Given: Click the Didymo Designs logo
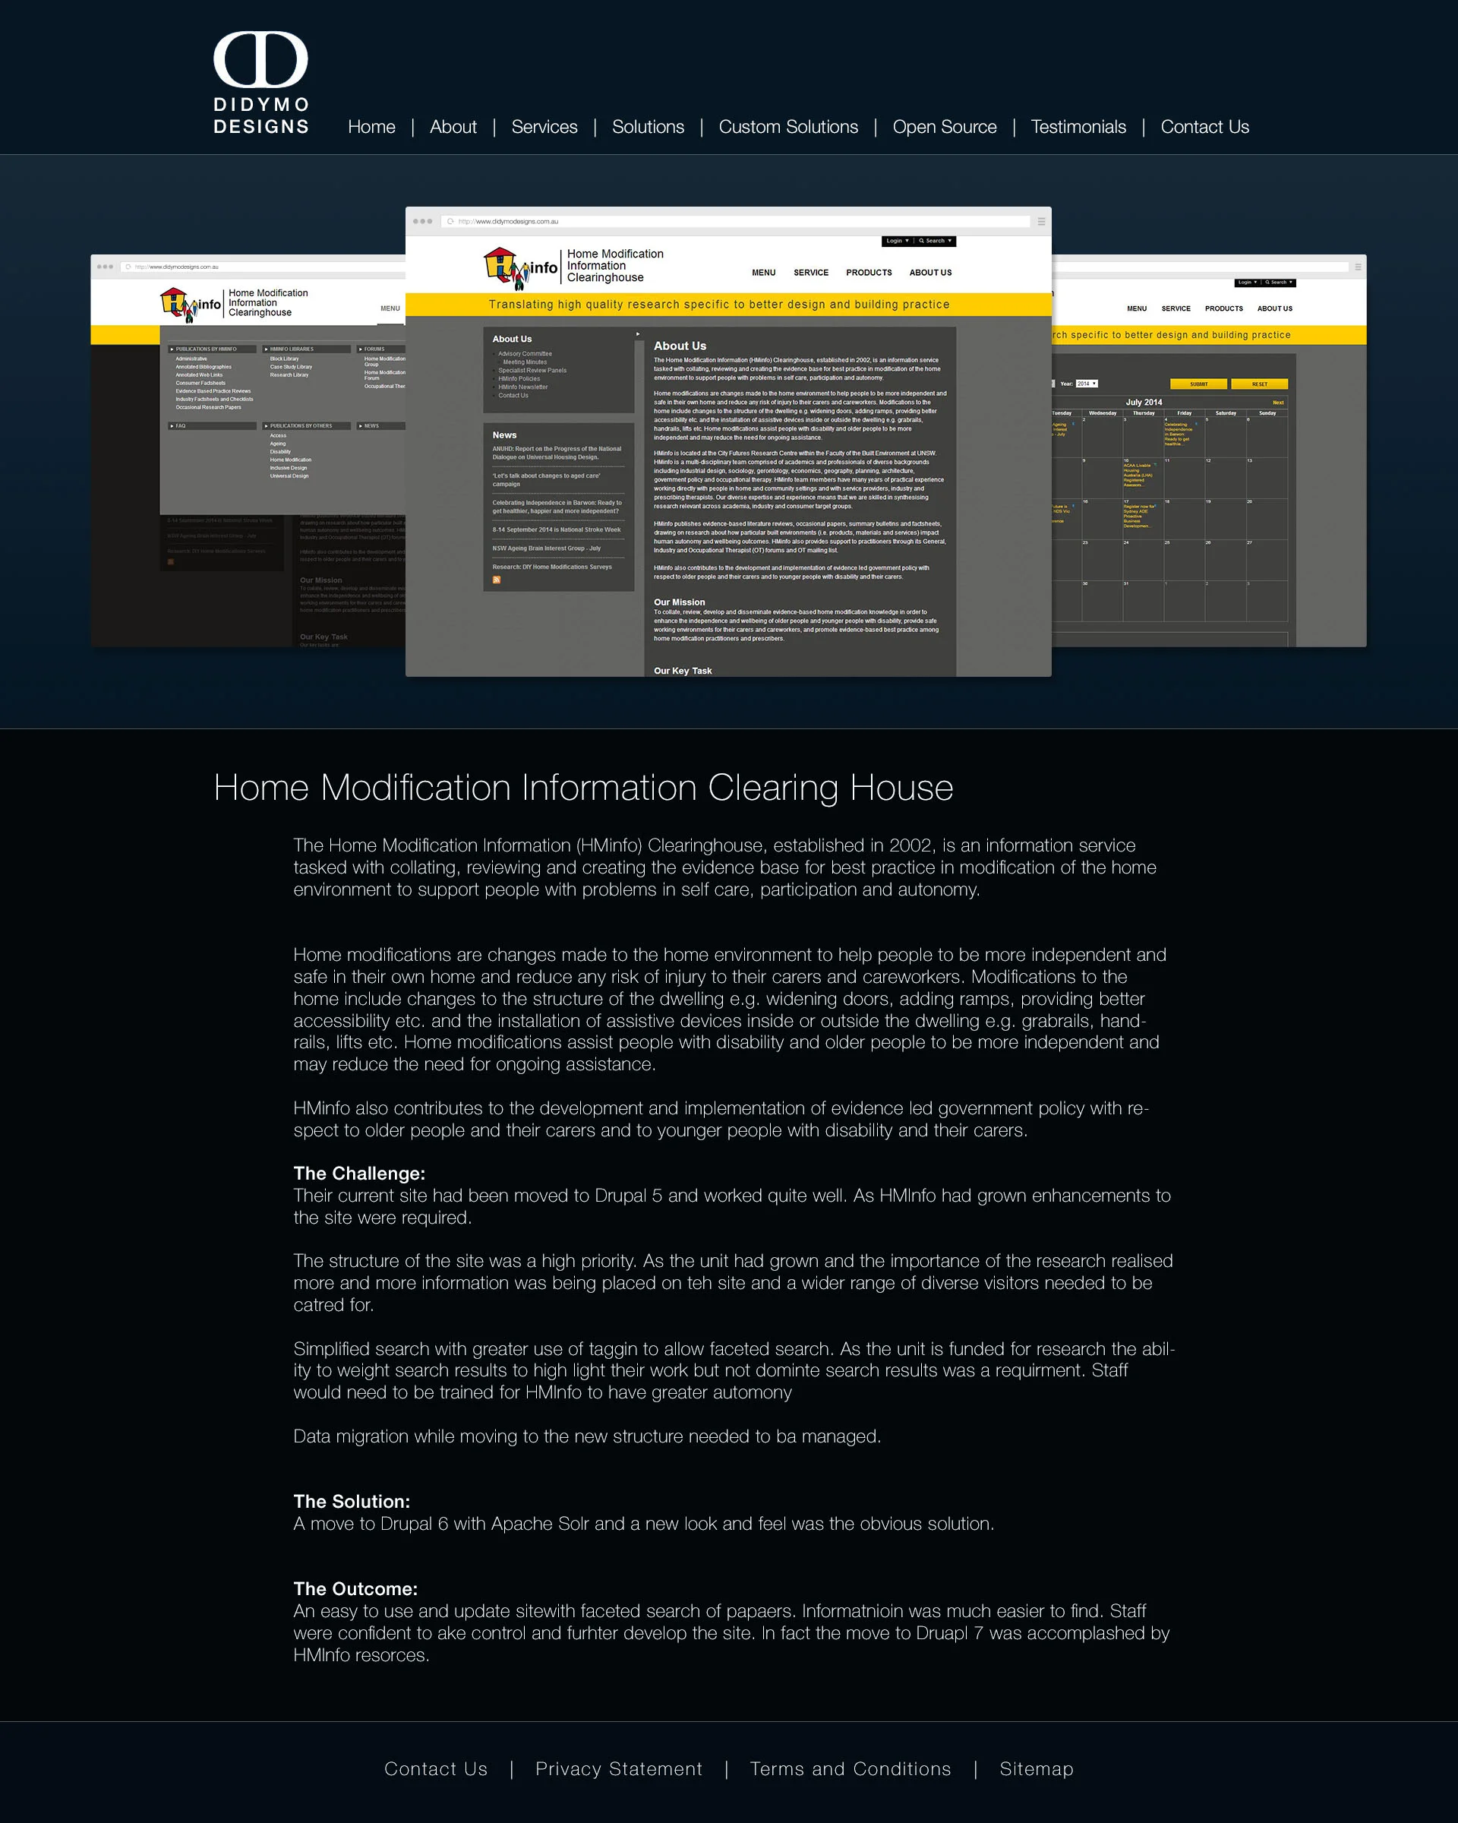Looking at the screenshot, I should coord(260,83).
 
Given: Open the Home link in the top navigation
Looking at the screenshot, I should coord(371,127).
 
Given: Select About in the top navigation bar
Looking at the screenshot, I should coord(453,127).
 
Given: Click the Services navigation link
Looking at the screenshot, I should coord(544,127).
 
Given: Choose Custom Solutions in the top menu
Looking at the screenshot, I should coord(787,127).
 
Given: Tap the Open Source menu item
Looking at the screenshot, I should coord(944,127).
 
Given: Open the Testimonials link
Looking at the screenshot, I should coord(1078,127).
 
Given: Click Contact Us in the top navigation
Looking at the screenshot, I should coord(1204,127).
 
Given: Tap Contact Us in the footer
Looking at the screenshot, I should coord(435,1769).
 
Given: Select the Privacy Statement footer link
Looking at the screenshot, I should coord(619,1769).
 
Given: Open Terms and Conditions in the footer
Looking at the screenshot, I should coord(850,1769).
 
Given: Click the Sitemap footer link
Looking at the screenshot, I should coord(1037,1769).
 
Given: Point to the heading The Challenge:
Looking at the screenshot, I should coord(359,1174).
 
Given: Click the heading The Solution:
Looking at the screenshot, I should coord(352,1502).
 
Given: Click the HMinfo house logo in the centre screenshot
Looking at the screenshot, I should coord(520,267).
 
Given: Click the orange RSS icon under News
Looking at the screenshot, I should coord(497,580).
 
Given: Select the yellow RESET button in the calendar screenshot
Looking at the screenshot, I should coord(1259,384).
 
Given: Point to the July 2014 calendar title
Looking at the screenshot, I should coord(1144,403).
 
